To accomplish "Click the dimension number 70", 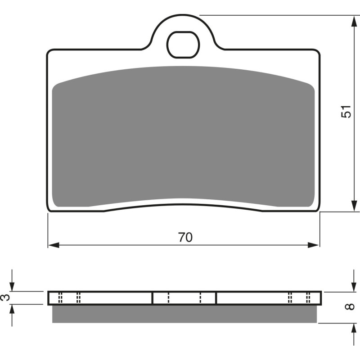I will [x=184, y=237].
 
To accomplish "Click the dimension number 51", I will [x=345, y=112].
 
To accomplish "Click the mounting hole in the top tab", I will [x=183, y=45].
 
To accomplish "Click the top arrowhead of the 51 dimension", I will [x=353, y=21].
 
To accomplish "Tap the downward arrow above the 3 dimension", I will [x=13, y=286].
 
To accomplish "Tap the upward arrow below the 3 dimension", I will [x=13, y=310].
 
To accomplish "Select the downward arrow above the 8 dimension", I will [x=353, y=286].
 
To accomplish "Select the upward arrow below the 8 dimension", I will [x=353, y=328].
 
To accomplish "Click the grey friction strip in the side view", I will [x=184, y=314].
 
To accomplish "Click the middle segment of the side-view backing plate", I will [x=184, y=297].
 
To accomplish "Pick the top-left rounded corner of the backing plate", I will [x=49, y=52].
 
